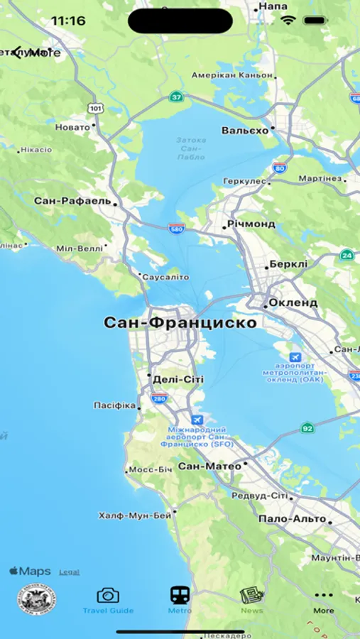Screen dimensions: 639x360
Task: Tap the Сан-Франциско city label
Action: (180, 322)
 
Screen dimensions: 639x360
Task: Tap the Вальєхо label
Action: (245, 131)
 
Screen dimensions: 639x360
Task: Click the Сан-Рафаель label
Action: (72, 201)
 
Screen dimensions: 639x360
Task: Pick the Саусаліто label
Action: (166, 277)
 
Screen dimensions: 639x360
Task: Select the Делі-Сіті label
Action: (178, 380)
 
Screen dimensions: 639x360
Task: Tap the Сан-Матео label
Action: (209, 466)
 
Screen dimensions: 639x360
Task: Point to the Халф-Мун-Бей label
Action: (135, 515)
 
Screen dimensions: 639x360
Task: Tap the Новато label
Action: (73, 127)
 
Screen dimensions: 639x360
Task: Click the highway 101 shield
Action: (95, 108)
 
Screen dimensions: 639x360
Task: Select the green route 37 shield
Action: (175, 97)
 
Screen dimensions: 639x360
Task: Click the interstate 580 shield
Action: (177, 229)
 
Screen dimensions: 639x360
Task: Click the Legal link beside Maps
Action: (69, 572)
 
